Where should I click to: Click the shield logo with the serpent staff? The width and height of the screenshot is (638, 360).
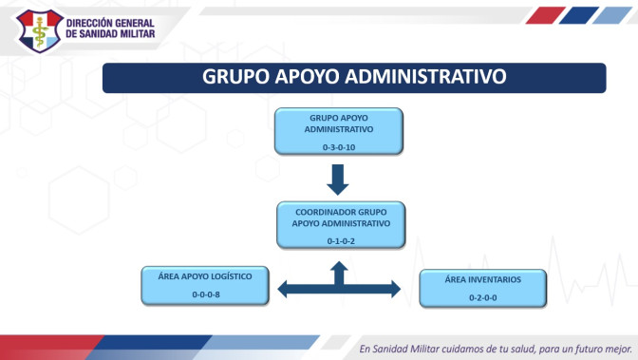tap(40, 31)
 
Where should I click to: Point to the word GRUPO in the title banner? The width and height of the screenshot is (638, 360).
tap(235, 77)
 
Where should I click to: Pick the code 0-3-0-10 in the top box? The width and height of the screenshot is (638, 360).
tap(339, 147)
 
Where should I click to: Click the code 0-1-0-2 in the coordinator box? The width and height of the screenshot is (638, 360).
tap(341, 241)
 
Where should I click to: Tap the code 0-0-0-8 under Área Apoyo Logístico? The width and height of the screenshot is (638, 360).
tap(206, 294)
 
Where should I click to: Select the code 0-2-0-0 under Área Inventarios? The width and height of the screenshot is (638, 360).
tap(482, 297)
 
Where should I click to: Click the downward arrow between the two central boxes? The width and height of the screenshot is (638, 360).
tap(338, 180)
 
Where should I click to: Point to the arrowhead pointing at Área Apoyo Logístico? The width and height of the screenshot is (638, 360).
tap(282, 289)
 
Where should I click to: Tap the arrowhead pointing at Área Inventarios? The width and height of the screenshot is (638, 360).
tap(396, 289)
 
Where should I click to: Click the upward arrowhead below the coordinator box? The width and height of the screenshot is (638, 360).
tap(339, 266)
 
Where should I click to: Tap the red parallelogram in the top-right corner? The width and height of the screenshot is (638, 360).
tap(546, 15)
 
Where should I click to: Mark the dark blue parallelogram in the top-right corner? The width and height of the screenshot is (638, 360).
tap(578, 15)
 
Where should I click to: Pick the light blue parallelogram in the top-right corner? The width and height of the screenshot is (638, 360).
tap(612, 15)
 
